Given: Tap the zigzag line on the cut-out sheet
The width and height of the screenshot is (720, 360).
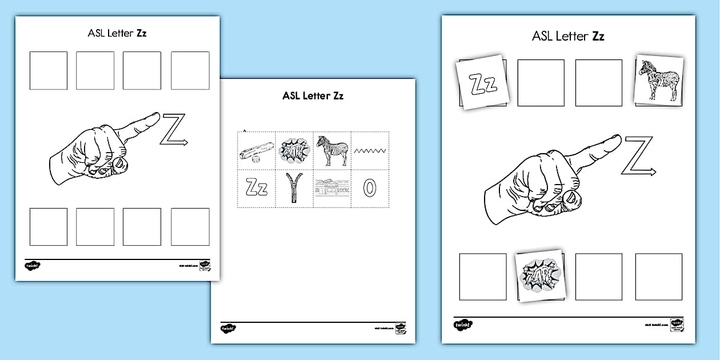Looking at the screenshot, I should [x=370, y=151].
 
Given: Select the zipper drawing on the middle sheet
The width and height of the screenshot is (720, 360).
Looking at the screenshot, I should [x=294, y=188].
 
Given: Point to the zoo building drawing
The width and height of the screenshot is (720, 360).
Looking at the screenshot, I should [x=332, y=188].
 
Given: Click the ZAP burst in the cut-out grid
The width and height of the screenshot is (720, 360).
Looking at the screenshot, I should [x=294, y=150].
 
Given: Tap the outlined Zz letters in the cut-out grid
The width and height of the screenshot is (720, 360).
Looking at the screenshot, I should [x=257, y=188].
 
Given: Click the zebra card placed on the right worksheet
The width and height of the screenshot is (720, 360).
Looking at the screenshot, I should [x=659, y=81].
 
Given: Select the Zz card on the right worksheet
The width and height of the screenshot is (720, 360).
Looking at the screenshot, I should [x=483, y=82].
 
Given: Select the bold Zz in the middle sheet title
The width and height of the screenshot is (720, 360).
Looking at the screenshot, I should [x=337, y=96].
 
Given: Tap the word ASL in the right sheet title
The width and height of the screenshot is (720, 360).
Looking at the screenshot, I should [x=542, y=37].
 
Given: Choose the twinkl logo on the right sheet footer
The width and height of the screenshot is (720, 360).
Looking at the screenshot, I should [x=463, y=325].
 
